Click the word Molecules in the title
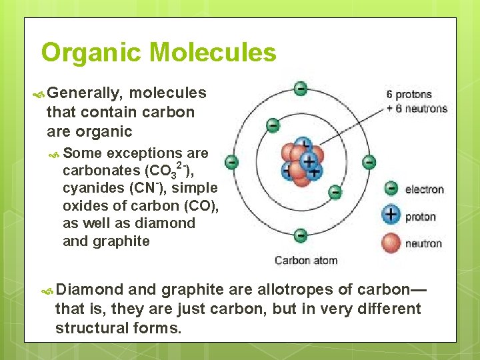(x=213, y=52)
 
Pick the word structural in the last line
(x=88, y=329)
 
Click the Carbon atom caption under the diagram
(x=306, y=260)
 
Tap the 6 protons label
(x=409, y=95)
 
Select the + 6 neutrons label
(x=417, y=108)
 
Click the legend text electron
(x=424, y=189)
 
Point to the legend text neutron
(x=423, y=243)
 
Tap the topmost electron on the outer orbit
(x=301, y=88)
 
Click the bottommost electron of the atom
(x=301, y=235)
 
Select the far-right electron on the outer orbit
(x=369, y=162)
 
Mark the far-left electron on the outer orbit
(x=231, y=162)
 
